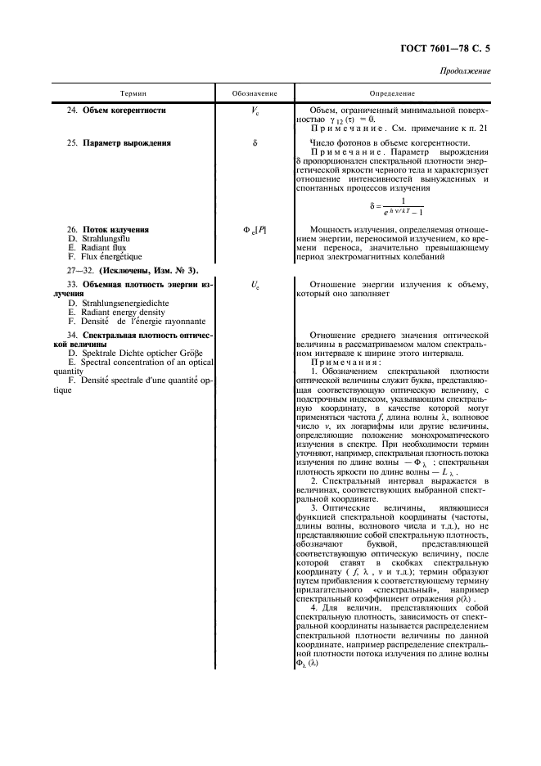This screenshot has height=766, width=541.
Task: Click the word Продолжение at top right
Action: (464, 72)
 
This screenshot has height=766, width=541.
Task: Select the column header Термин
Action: (133, 94)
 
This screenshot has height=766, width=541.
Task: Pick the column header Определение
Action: (392, 94)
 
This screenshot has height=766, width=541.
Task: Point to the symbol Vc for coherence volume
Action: (254, 110)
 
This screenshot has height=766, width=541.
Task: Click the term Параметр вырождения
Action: (126, 143)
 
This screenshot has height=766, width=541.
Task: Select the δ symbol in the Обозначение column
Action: (254, 143)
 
